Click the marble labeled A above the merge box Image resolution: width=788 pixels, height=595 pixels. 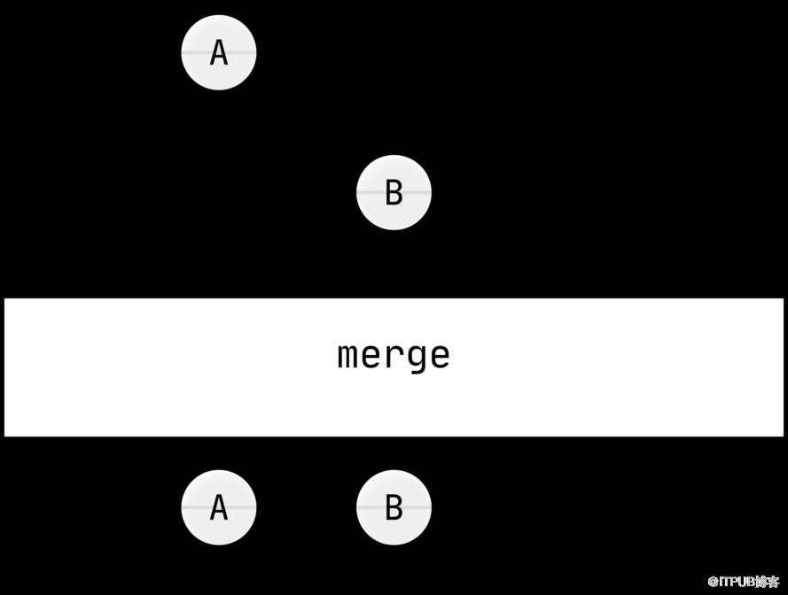pyautogui.click(x=219, y=52)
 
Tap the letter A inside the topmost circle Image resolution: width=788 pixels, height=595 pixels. pyautogui.click(x=219, y=53)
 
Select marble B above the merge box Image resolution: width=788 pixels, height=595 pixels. pyautogui.click(x=394, y=192)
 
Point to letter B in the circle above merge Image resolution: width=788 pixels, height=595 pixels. pyautogui.click(x=394, y=193)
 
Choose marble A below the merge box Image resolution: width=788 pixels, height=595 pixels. pyautogui.click(x=219, y=507)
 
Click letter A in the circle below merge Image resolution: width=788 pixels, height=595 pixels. pyautogui.click(x=219, y=507)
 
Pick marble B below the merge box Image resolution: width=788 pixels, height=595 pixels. pyautogui.click(x=394, y=507)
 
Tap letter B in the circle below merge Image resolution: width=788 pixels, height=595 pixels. pyautogui.click(x=394, y=507)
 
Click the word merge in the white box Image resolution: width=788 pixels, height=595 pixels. pyautogui.click(x=394, y=358)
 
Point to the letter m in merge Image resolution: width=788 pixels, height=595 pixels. pyautogui.click(x=347, y=355)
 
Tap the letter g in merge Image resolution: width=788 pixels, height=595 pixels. pyautogui.click(x=417, y=359)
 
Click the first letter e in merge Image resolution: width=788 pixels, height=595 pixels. pyautogui.click(x=371, y=356)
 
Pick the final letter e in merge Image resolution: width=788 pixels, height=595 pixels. pyautogui.click(x=441, y=356)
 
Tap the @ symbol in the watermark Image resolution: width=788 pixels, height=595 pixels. pyautogui.click(x=714, y=582)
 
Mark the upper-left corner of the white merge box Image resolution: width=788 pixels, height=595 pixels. pyautogui.click(x=4, y=298)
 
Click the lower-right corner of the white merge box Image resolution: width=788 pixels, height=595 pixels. pyautogui.click(x=784, y=437)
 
